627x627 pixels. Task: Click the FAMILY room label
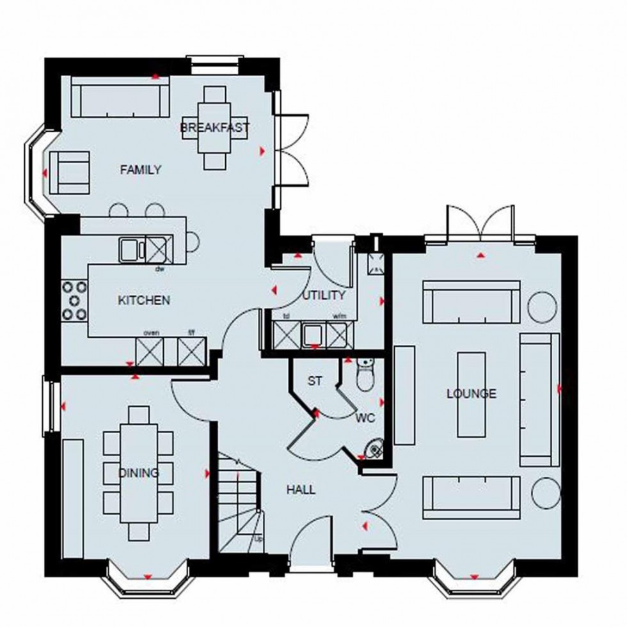coord(141,170)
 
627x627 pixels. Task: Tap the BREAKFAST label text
coord(214,128)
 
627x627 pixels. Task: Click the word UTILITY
coord(324,296)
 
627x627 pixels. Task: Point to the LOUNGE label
coord(471,393)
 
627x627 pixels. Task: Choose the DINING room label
coord(139,473)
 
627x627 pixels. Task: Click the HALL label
coord(301,490)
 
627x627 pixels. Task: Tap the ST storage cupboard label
coord(314,381)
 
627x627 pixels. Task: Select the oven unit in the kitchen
coord(150,351)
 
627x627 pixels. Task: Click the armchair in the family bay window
coord(69,172)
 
